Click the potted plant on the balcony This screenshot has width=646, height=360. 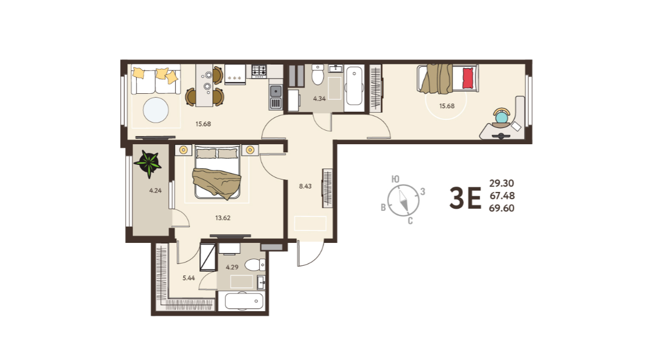[148, 164]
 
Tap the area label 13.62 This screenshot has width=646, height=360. [223, 218]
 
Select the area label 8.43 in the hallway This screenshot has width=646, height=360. [305, 186]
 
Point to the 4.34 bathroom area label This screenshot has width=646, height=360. [319, 99]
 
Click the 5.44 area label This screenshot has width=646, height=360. [189, 278]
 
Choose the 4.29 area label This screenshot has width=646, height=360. [232, 267]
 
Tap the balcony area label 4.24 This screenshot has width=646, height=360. [156, 190]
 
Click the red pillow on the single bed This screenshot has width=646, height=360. [468, 78]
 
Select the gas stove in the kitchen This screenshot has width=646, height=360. [259, 71]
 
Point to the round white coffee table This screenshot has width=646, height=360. [156, 110]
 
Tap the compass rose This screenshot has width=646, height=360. [403, 201]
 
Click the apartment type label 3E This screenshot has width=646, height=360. [465, 197]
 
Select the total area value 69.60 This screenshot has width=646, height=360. [501, 208]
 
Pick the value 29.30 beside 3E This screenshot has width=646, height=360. [501, 183]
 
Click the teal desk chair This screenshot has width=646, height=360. [502, 116]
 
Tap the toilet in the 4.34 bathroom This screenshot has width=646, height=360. [318, 74]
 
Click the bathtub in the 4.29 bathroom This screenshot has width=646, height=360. [244, 301]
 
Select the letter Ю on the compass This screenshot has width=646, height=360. [395, 179]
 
